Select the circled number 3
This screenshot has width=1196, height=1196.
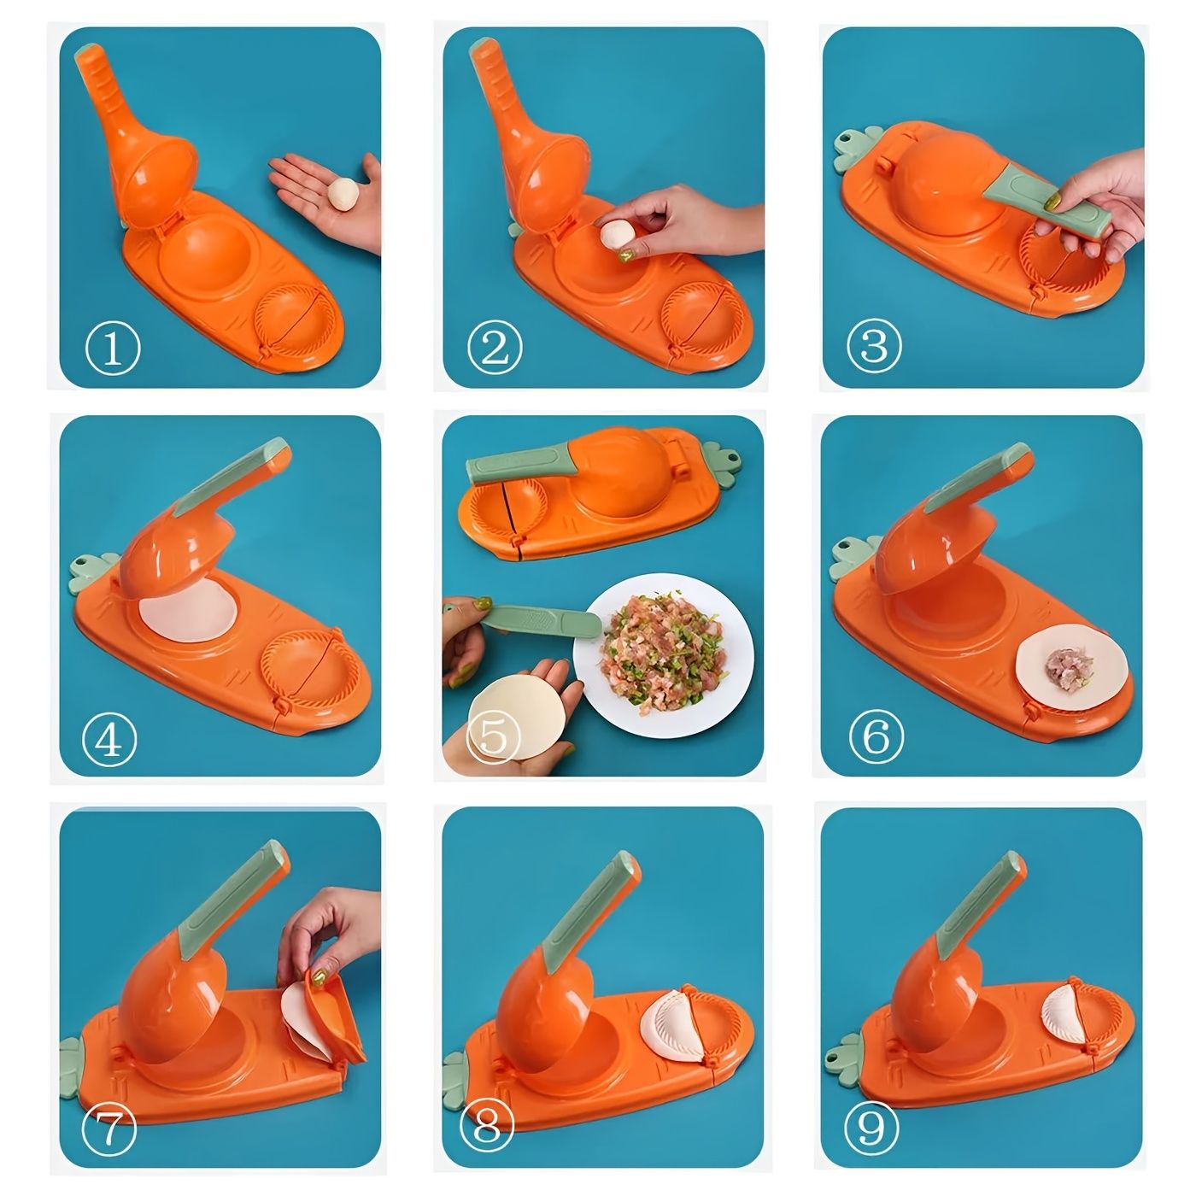[874, 347]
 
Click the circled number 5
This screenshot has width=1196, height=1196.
[494, 736]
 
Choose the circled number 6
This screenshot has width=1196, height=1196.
[876, 736]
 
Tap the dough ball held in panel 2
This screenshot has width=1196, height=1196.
[616, 235]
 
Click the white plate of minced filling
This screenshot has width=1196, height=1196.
[663, 662]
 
